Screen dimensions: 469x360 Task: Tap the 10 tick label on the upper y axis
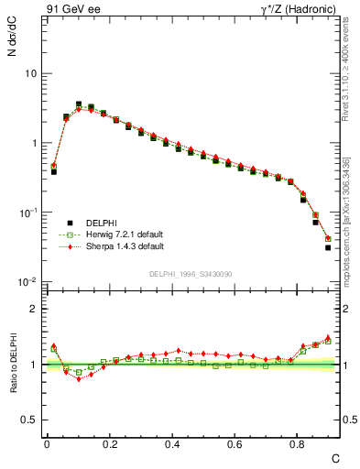pos(30,73)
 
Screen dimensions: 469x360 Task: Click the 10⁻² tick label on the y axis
pos(27,281)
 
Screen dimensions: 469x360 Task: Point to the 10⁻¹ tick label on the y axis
pos(27,212)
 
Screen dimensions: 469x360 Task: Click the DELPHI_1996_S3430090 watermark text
pos(191,274)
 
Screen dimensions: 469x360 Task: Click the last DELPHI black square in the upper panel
pos(328,247)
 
